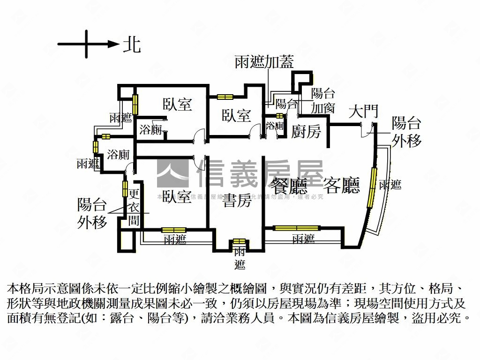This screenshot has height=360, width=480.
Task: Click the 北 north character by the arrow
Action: tap(132, 45)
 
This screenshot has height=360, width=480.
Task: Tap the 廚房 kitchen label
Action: tap(306, 132)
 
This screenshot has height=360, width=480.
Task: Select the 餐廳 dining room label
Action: tap(289, 186)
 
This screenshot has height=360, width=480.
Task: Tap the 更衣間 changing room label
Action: tap(134, 207)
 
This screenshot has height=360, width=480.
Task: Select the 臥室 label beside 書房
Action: tap(177, 197)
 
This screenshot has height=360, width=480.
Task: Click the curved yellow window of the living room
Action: tap(373, 187)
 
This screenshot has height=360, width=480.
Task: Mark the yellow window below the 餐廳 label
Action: tap(297, 228)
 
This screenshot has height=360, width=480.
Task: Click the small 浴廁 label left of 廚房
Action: tap(275, 126)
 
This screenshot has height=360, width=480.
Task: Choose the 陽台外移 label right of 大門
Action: tap(406, 132)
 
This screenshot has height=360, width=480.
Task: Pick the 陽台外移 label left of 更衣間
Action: tap(92, 213)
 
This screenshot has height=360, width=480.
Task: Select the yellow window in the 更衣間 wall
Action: tap(125, 188)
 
